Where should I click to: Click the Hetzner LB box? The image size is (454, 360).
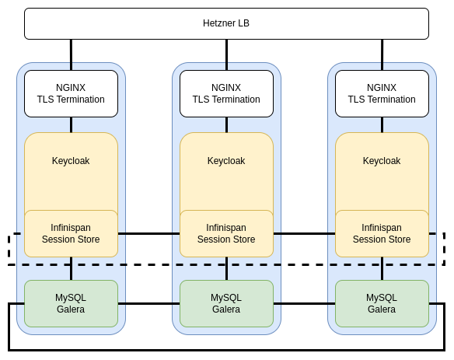tap(226, 23)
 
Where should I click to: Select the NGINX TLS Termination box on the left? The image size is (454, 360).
tap(71, 93)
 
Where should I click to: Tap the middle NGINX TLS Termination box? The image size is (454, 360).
tap(226, 93)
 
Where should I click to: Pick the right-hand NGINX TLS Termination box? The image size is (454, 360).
tap(382, 93)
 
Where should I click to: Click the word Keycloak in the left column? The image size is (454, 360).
tap(71, 161)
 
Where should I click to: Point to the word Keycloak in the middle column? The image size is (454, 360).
tap(226, 161)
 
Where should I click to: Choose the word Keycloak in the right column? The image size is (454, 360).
tap(382, 161)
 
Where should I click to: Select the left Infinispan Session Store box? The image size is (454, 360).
tap(71, 233)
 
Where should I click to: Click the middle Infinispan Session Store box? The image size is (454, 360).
tap(226, 233)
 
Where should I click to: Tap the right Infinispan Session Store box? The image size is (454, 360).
tap(382, 233)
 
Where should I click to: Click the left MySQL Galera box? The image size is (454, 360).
tap(71, 303)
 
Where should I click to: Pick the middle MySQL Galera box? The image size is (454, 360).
tap(226, 303)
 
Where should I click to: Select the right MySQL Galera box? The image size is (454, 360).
tap(382, 303)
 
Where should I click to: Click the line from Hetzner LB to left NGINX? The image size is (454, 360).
tap(71, 54)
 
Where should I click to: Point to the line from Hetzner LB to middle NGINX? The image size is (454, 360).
tap(226, 54)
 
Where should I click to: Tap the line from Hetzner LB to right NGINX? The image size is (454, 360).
tap(382, 54)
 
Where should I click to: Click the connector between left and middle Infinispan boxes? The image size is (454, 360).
tap(148, 233)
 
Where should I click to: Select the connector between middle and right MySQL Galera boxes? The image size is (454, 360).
tap(304, 303)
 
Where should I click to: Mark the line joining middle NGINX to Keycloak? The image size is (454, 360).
tap(226, 125)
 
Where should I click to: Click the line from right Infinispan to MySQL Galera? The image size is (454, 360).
tap(382, 268)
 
